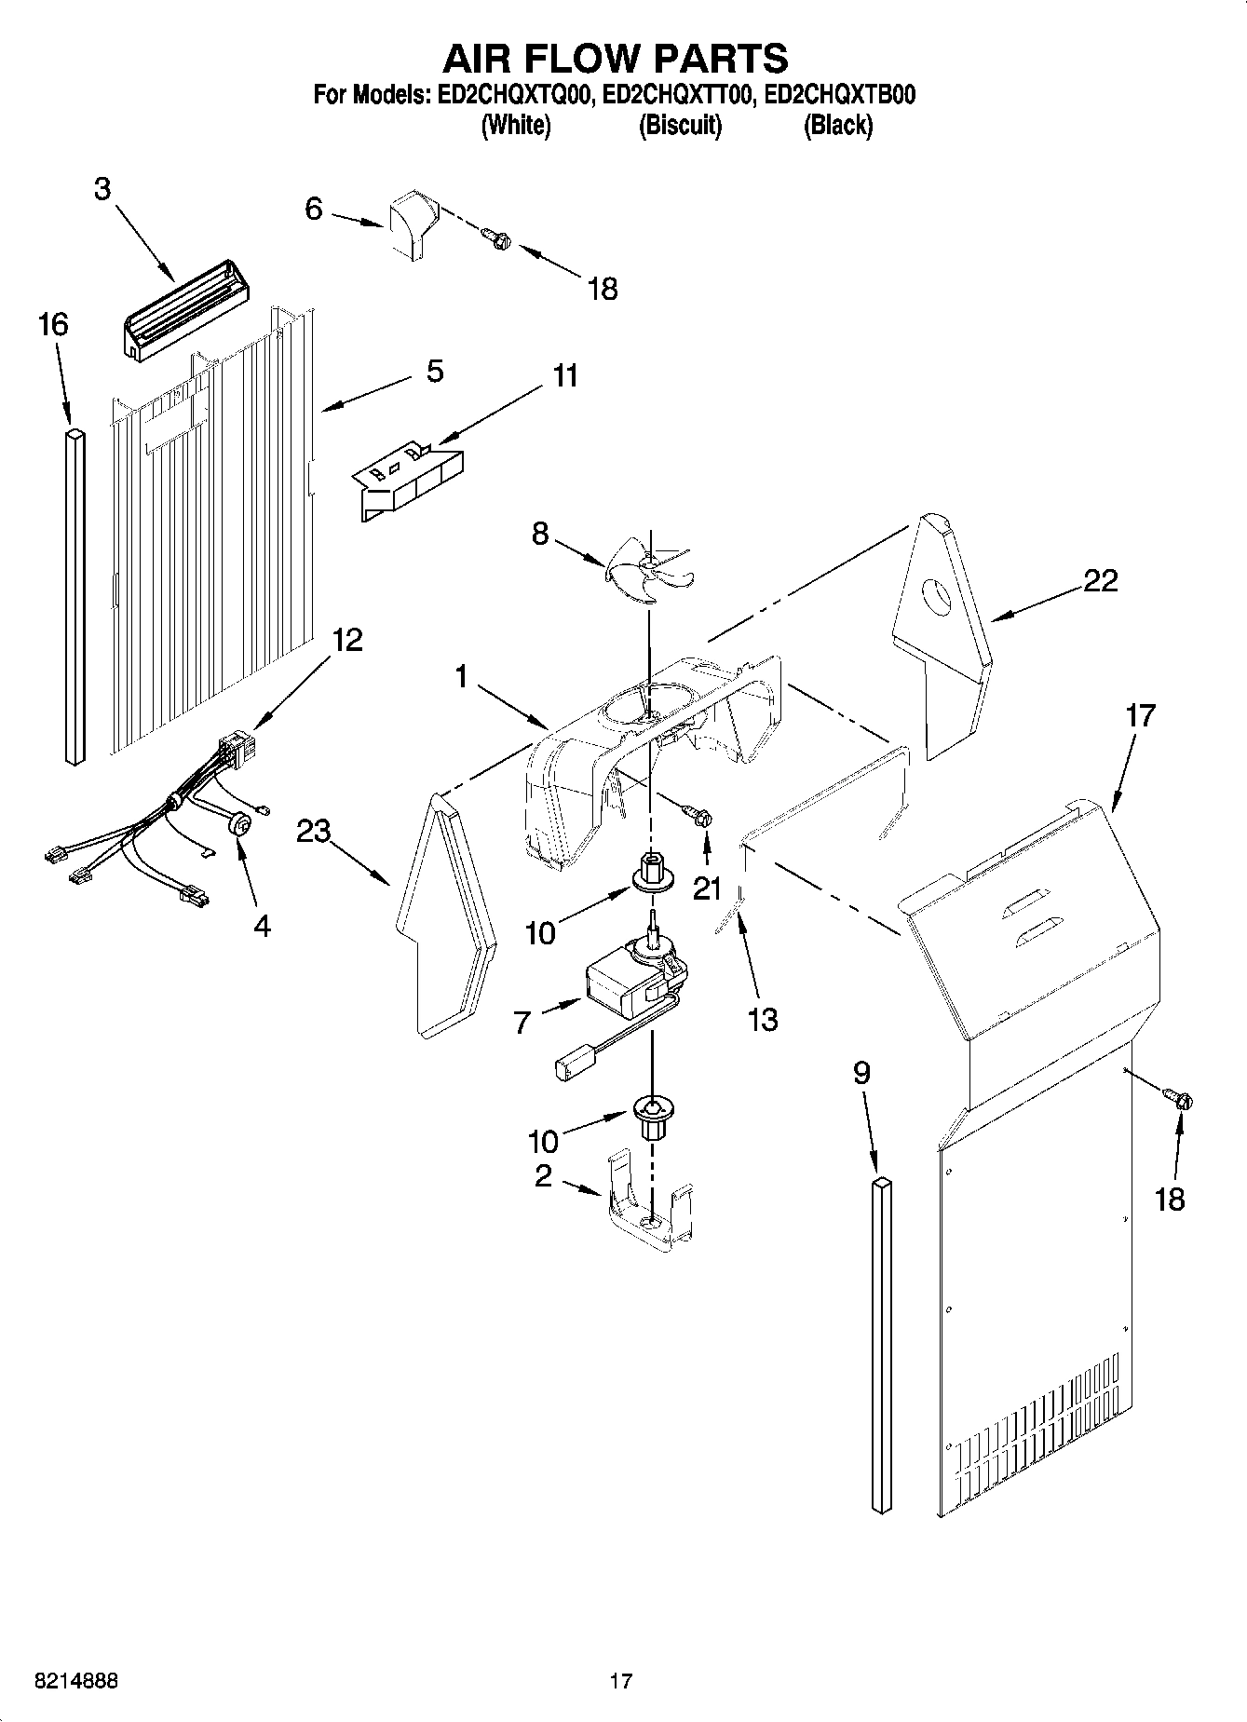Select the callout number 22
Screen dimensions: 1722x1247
[x=1100, y=581]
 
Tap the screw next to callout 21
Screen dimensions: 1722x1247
[x=699, y=816]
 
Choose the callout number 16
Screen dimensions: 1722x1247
[x=53, y=325]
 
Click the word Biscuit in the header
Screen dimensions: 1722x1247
[x=680, y=126]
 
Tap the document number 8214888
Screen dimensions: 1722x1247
[x=75, y=1681]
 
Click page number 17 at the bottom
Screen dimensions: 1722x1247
[x=621, y=1681]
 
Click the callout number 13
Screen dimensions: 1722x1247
[x=762, y=1021]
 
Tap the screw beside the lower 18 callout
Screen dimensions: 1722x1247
[x=1180, y=1100]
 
